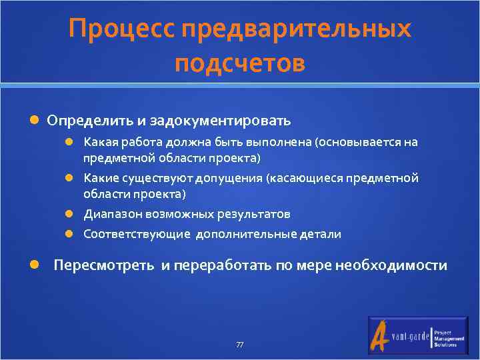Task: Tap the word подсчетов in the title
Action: pyautogui.click(x=240, y=63)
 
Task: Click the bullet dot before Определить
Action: pyautogui.click(x=34, y=121)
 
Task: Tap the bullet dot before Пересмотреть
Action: pyautogui.click(x=34, y=265)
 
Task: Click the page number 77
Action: pyautogui.click(x=240, y=345)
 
